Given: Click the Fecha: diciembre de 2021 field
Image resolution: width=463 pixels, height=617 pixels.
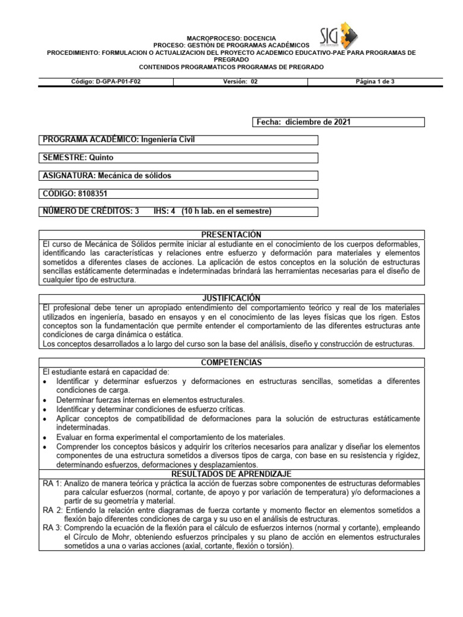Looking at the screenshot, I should [304, 122].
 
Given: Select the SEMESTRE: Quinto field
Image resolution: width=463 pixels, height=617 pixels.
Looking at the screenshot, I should [78, 158].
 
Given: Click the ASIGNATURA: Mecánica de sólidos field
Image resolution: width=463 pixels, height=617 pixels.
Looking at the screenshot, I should [107, 176].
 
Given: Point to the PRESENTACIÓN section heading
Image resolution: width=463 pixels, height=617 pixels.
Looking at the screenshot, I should [231, 234].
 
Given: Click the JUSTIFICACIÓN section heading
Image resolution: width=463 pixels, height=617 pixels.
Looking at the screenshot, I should [231, 298].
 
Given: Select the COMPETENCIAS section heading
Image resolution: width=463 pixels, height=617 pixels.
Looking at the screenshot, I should [231, 363].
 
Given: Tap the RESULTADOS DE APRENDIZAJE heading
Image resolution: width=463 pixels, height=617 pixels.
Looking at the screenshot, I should [231, 474].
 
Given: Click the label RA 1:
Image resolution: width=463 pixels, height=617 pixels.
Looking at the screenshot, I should [52, 483].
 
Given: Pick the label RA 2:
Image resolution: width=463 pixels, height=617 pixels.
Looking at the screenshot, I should [52, 510].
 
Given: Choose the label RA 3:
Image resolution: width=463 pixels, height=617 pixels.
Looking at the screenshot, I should [52, 528].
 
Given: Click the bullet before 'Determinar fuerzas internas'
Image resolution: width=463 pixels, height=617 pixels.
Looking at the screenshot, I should [46, 400].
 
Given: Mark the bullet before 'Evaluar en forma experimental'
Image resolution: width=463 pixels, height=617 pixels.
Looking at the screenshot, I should [46, 437].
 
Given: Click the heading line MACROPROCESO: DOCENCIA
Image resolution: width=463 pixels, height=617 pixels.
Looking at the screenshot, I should [231, 37].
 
